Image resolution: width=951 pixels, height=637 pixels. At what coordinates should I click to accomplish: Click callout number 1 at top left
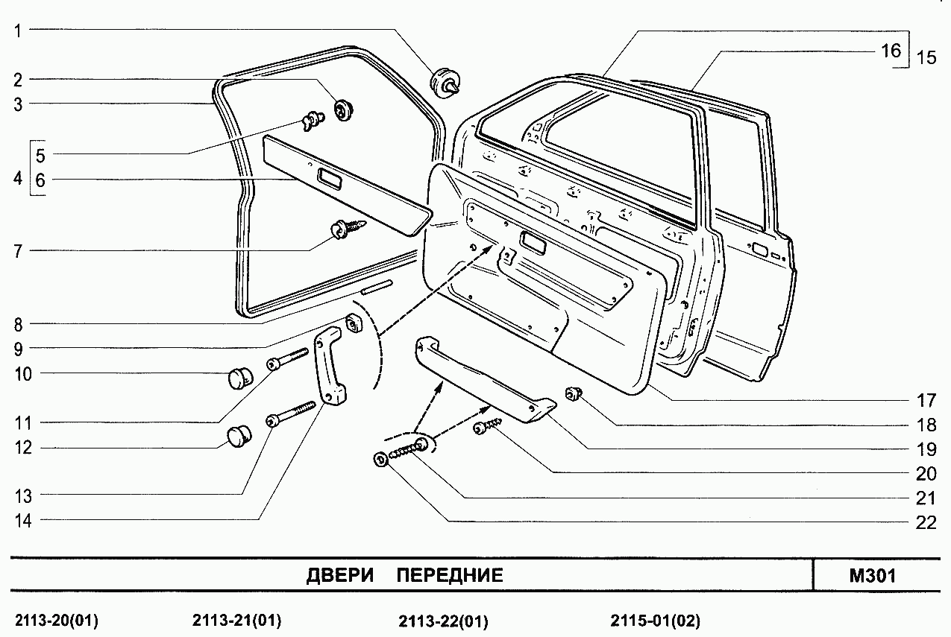pos(17,31)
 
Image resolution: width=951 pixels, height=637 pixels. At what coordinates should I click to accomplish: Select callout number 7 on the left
pos(18,252)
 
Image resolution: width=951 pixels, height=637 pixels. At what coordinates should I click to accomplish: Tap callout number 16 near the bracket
pos(891,51)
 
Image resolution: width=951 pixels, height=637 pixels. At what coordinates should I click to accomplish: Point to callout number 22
pos(926,522)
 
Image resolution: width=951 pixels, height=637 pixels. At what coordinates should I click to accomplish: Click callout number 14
pos(23,521)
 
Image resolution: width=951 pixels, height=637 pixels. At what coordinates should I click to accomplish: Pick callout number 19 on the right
pos(926,449)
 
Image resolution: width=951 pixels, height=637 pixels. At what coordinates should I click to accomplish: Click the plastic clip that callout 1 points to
pos(445,83)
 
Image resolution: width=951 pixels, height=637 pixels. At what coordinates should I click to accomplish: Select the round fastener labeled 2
pos(343,110)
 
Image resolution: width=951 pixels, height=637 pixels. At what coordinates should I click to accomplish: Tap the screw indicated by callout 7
pos(348,229)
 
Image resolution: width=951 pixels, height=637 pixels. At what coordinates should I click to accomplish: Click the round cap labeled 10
pos(240,378)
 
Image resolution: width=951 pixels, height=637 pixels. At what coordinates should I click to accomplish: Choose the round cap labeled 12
pos(239,437)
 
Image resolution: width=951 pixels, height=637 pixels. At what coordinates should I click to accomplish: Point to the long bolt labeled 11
pos(287,359)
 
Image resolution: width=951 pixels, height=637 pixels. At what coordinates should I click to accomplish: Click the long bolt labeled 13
pos(291,414)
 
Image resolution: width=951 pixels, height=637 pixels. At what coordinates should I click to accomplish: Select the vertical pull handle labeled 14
pos(329,366)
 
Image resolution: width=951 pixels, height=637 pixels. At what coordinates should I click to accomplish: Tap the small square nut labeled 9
pos(354,323)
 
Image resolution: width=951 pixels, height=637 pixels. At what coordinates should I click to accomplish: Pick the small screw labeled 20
pos(487,426)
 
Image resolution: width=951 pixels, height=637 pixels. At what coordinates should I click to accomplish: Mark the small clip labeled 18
pos(573,394)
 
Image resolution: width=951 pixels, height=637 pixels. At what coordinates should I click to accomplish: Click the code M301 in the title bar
pos(873,576)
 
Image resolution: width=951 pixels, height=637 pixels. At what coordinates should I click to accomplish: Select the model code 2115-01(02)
pos(656,621)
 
